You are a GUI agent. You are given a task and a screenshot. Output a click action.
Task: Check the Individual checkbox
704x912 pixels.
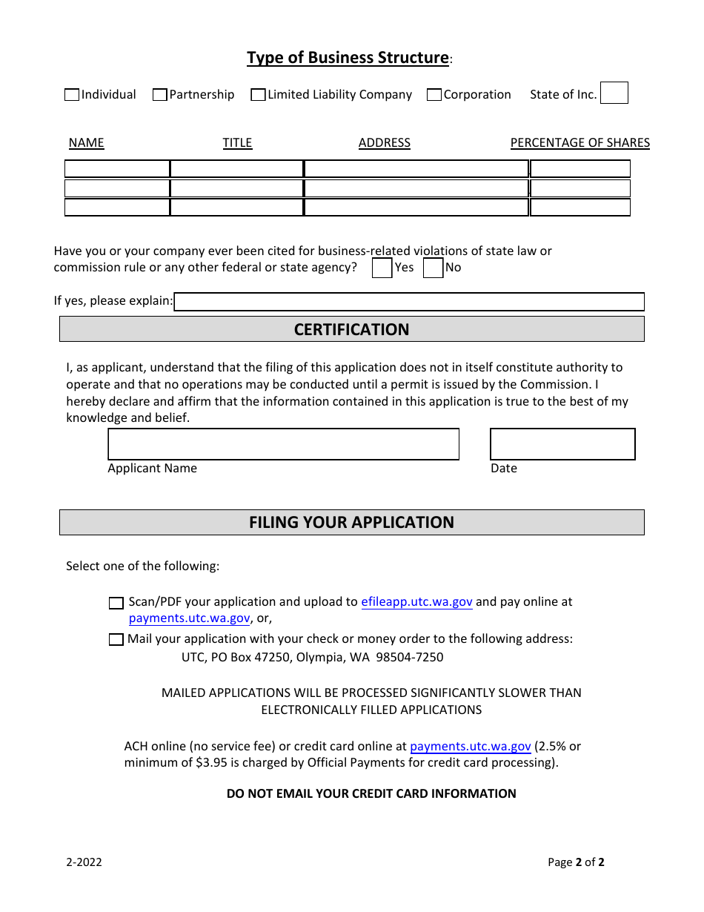tap(72, 95)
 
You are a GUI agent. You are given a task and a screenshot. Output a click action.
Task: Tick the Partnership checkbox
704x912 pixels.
tap(159, 95)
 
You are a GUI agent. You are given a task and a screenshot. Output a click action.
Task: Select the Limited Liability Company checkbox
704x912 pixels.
tap(258, 95)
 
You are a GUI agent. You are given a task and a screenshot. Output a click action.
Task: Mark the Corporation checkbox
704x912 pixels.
tap(434, 95)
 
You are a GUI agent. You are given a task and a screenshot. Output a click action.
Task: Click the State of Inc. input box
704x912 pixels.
tap(614, 93)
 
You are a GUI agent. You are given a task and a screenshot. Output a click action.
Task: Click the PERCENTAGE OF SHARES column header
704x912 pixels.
tap(580, 142)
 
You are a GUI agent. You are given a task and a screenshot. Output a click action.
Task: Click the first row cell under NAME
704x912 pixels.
tap(117, 169)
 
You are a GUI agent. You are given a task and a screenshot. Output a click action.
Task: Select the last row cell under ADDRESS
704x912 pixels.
tap(416, 208)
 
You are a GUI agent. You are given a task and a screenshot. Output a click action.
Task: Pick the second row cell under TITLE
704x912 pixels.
tap(236, 188)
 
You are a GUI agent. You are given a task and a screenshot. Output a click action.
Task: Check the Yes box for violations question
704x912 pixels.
tap(382, 268)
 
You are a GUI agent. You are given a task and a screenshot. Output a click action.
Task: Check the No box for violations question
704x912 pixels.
tap(433, 268)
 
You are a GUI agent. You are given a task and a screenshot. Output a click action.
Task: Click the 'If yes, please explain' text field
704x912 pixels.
tap(408, 302)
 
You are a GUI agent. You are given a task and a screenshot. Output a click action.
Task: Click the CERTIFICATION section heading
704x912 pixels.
tap(351, 329)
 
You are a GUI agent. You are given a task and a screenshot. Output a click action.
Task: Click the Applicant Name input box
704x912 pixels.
tap(283, 444)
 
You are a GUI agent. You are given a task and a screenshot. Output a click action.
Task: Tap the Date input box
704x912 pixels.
tap(562, 444)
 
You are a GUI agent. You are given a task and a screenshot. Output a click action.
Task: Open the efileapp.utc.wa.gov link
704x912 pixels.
tap(416, 602)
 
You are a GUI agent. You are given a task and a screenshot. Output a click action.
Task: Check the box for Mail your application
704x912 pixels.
tap(116, 640)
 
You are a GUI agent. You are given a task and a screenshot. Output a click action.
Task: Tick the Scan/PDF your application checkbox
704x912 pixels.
tap(116, 604)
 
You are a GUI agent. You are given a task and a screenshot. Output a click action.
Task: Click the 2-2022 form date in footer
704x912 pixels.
tap(84, 862)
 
